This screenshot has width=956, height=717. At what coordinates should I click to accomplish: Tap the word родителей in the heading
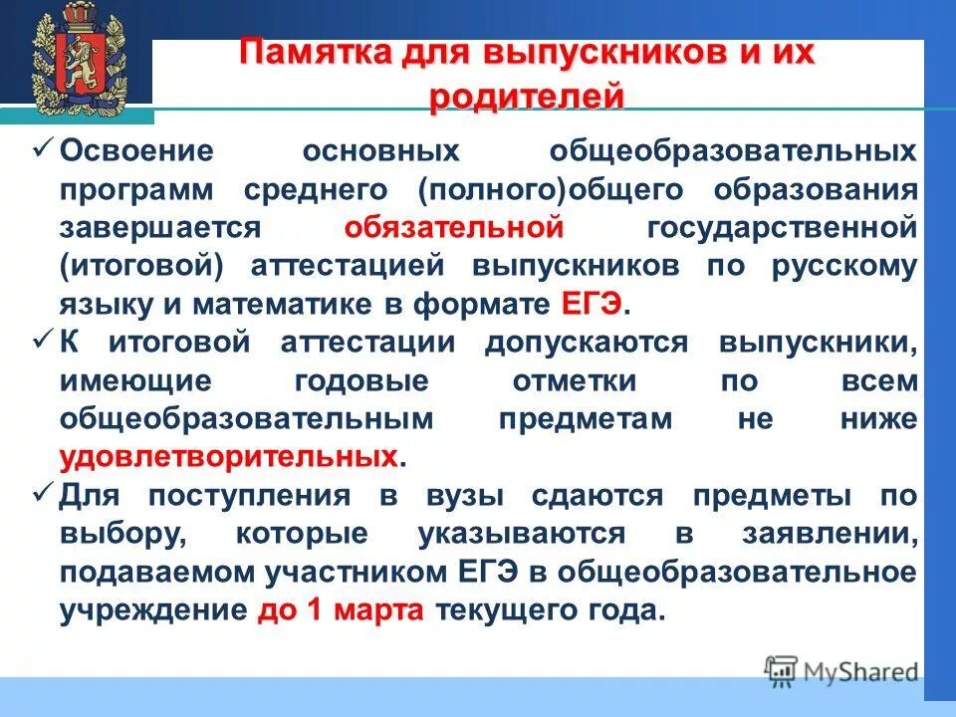(528, 98)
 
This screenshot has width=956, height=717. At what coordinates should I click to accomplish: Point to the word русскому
(853, 266)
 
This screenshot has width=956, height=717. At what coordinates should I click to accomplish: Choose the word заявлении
(829, 534)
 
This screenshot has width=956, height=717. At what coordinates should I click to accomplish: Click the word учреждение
(152, 609)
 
